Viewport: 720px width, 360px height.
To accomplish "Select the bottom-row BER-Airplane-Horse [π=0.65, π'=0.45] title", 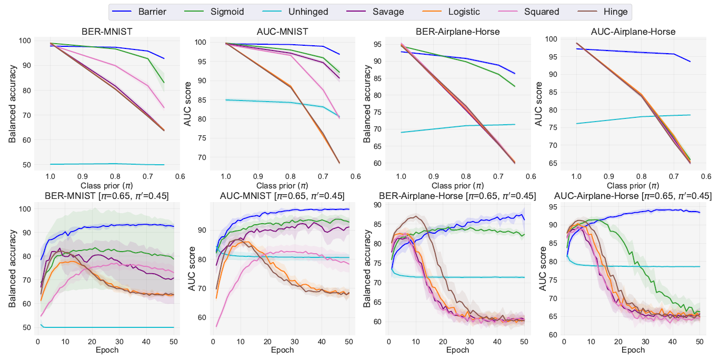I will [457, 196].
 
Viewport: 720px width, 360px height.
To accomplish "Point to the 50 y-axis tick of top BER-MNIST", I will [25, 165].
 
